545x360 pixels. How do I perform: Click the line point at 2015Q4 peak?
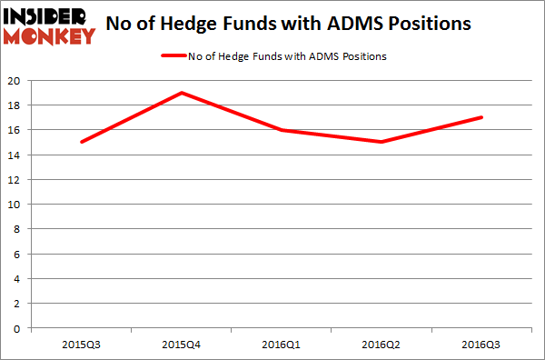click(x=183, y=93)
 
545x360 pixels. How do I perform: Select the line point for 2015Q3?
click(x=81, y=142)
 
